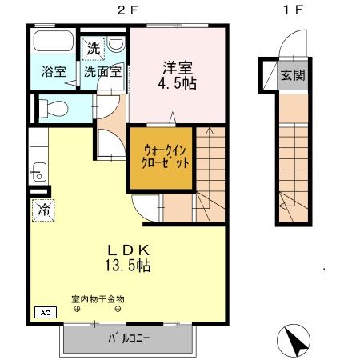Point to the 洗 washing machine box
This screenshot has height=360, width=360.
(x=94, y=47)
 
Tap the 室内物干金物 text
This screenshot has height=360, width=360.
(x=98, y=300)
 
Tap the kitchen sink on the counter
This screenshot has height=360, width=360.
(x=36, y=170)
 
